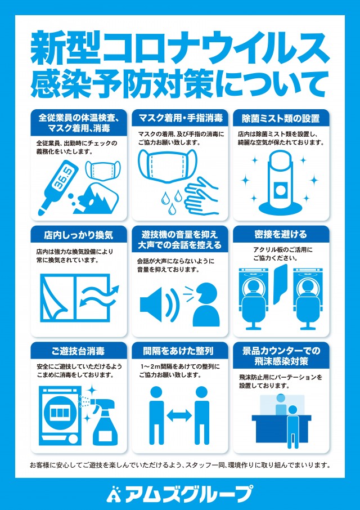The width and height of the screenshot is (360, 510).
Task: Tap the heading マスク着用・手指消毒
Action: tap(181, 118)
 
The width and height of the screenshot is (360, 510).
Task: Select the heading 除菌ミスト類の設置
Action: tap(281, 118)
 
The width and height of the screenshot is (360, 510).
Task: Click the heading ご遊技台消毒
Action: tap(78, 351)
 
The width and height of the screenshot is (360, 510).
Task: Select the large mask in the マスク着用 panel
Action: tap(168, 165)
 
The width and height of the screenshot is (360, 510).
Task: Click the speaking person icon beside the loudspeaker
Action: tap(205, 305)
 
